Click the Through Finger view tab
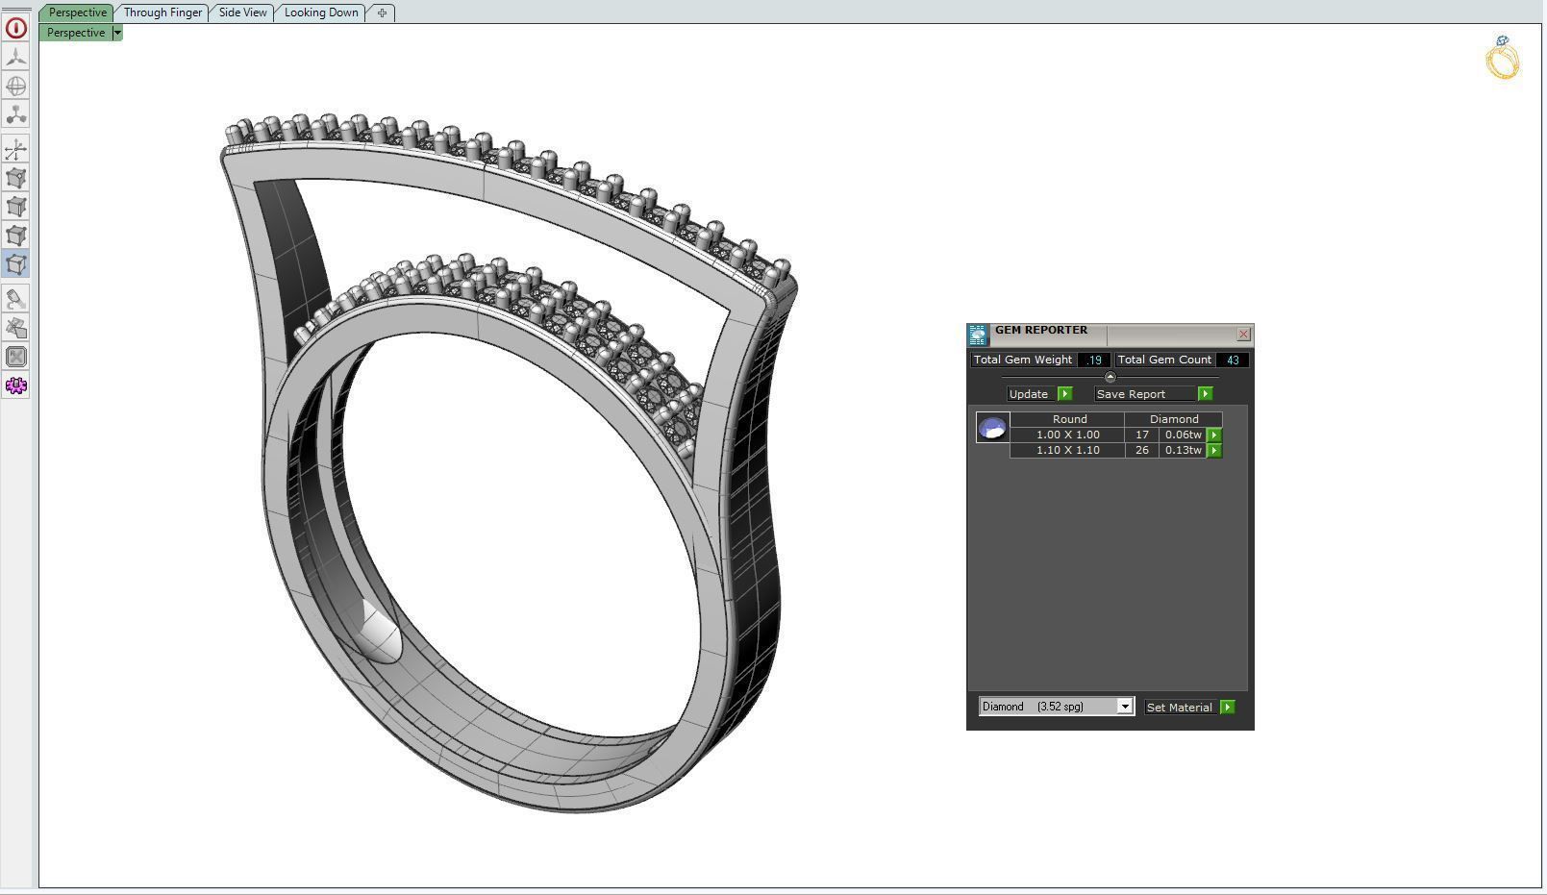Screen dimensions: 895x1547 pos(162,12)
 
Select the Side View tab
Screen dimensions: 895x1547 pos(242,12)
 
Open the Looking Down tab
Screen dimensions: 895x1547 pos(321,12)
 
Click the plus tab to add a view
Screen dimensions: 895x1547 pos(382,12)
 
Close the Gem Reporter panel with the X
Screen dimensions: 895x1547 pos(1243,335)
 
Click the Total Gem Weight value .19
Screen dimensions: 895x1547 pos(1094,360)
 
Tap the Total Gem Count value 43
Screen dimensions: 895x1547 pos(1233,360)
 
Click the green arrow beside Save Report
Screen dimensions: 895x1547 pos(1205,394)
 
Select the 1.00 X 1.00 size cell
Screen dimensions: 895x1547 pos(1067,435)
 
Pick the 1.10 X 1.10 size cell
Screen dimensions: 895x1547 pos(1067,450)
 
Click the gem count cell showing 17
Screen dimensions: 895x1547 pos(1141,435)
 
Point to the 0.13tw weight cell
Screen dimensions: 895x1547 pos(1183,450)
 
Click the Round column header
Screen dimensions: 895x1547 pos(1069,419)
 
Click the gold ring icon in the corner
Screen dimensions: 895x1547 pos(1503,59)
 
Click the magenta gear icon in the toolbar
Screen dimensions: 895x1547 pos(16,385)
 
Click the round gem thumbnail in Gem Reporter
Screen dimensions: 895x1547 pos(992,428)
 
